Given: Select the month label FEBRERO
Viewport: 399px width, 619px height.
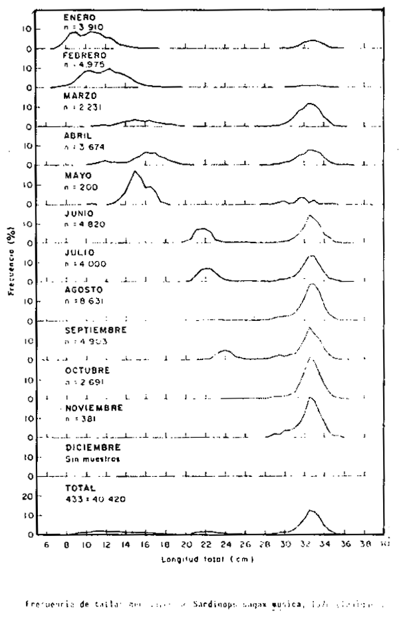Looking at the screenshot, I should [80, 56].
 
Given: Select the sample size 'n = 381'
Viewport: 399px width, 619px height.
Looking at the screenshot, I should [80, 419].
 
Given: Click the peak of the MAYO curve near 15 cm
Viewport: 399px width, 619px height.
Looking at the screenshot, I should [135, 171].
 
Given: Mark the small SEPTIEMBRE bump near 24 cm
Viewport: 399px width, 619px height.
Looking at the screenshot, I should [225, 350].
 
